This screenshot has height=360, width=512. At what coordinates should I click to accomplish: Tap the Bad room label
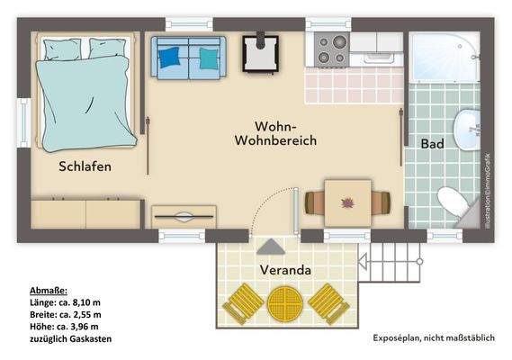click(431, 143)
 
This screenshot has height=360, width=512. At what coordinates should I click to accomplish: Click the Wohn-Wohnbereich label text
click(274, 133)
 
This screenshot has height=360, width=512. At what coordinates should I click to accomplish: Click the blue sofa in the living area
click(186, 56)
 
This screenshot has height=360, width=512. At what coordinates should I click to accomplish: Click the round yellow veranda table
click(285, 304)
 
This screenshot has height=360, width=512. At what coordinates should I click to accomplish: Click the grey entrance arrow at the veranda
click(269, 246)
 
